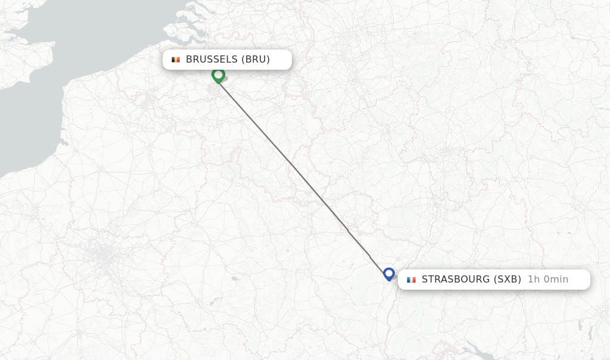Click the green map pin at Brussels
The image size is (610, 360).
(x=218, y=76)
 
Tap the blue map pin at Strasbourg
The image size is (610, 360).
(x=389, y=274)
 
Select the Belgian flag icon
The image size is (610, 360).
(x=175, y=60)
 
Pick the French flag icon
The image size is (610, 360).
(x=411, y=280)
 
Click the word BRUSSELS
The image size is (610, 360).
(x=212, y=60)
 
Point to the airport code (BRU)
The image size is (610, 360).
(x=256, y=60)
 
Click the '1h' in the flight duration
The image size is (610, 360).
(x=534, y=280)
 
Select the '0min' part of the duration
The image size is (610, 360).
(x=556, y=280)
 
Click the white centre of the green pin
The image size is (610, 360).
(x=218, y=75)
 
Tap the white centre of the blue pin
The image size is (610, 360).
(x=389, y=273)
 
